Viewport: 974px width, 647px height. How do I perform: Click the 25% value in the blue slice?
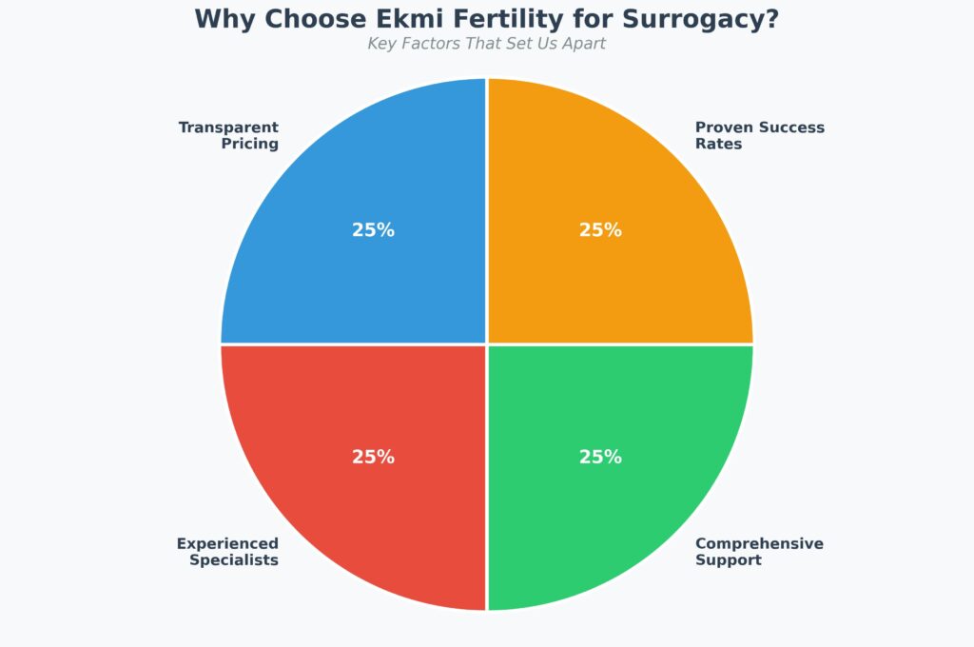373,230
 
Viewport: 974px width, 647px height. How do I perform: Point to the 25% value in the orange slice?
600,230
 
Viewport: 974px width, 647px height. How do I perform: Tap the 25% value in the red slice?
373,457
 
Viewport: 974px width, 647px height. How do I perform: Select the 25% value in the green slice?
600,457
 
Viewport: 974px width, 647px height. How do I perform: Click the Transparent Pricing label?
228,135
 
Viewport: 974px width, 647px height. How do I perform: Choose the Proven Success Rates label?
759,135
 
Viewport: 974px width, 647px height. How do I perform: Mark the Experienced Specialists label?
227,552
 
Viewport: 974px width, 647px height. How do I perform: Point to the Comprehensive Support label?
759,552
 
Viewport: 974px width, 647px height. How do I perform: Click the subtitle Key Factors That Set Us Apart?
486,44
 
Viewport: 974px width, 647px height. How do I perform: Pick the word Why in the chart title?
225,19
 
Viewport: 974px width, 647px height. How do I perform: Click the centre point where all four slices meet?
487,343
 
